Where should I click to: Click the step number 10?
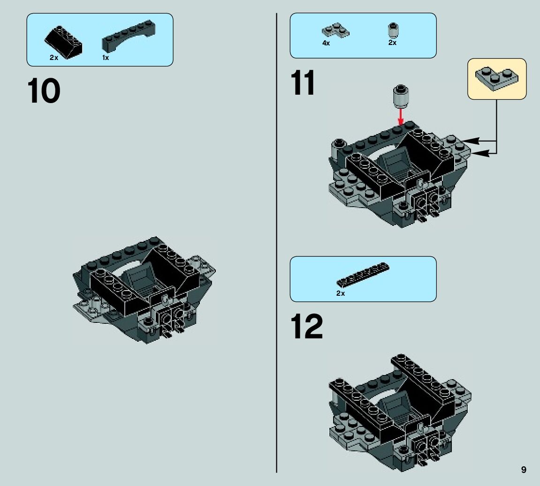(x=44, y=91)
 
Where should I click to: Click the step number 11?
(x=303, y=83)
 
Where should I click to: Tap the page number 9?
(x=524, y=470)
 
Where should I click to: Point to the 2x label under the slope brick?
(x=53, y=58)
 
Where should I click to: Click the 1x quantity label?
(x=106, y=58)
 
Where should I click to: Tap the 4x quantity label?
(x=326, y=43)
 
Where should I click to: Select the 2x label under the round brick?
(x=392, y=43)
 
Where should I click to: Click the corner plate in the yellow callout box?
(x=496, y=78)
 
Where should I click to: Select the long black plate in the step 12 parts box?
(x=363, y=275)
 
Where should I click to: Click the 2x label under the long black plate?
(x=340, y=293)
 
